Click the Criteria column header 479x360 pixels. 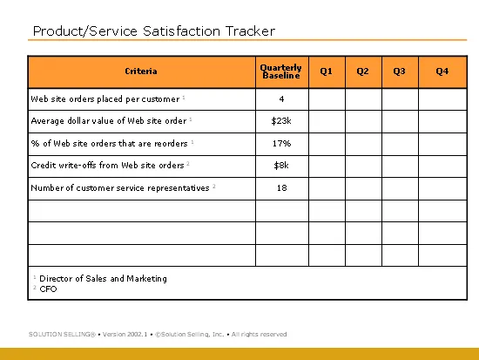[x=141, y=71]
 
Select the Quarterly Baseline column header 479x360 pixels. [x=281, y=71]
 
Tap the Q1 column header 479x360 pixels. [x=326, y=71]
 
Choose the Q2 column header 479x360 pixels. [x=362, y=71]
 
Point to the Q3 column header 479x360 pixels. [x=399, y=71]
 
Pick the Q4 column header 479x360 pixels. [x=442, y=71]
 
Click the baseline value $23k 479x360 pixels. [x=281, y=121]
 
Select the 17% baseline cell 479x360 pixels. [x=281, y=143]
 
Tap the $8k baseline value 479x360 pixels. [x=281, y=166]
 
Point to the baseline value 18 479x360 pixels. [x=281, y=187]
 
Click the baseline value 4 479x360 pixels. [x=281, y=98]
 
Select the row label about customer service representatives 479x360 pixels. [x=120, y=187]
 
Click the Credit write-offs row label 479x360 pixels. [x=107, y=165]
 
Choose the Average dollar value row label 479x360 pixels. [x=109, y=121]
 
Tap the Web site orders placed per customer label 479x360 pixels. [x=105, y=99]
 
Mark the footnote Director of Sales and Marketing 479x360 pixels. [x=104, y=278]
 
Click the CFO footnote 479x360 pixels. [x=48, y=289]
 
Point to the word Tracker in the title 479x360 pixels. [x=250, y=31]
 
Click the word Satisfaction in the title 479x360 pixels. [x=181, y=31]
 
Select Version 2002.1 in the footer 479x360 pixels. [x=125, y=335]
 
